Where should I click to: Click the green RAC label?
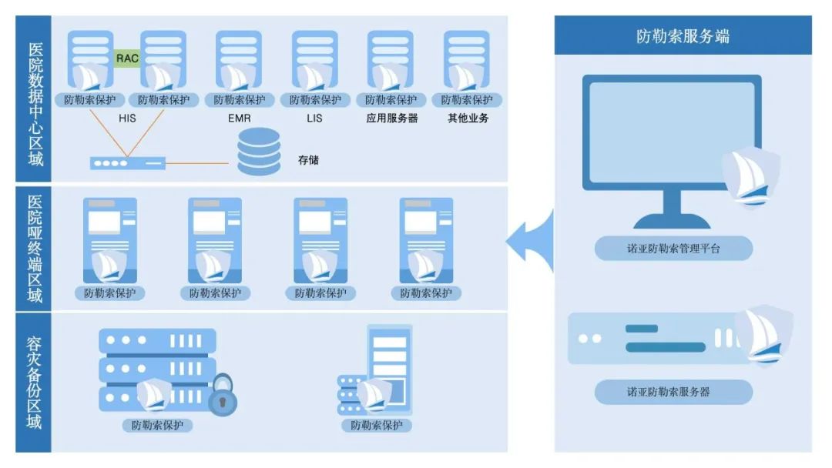tap(127, 58)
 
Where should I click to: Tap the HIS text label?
tap(127, 119)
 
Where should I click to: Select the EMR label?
tap(239, 119)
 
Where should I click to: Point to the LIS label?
tap(314, 119)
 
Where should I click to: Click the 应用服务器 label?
tap(391, 119)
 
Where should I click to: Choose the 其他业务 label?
tap(468, 119)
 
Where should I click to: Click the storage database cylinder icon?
tap(259, 152)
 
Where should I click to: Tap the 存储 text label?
tap(308, 160)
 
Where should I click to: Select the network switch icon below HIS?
tap(128, 163)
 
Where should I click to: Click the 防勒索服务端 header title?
tap(683, 36)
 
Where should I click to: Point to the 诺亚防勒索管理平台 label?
tap(673, 249)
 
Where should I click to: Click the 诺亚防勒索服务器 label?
tap(673, 392)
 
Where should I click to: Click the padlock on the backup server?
tap(223, 396)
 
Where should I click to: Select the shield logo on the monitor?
tap(750, 175)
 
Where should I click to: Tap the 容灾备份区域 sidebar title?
tap(34, 382)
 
